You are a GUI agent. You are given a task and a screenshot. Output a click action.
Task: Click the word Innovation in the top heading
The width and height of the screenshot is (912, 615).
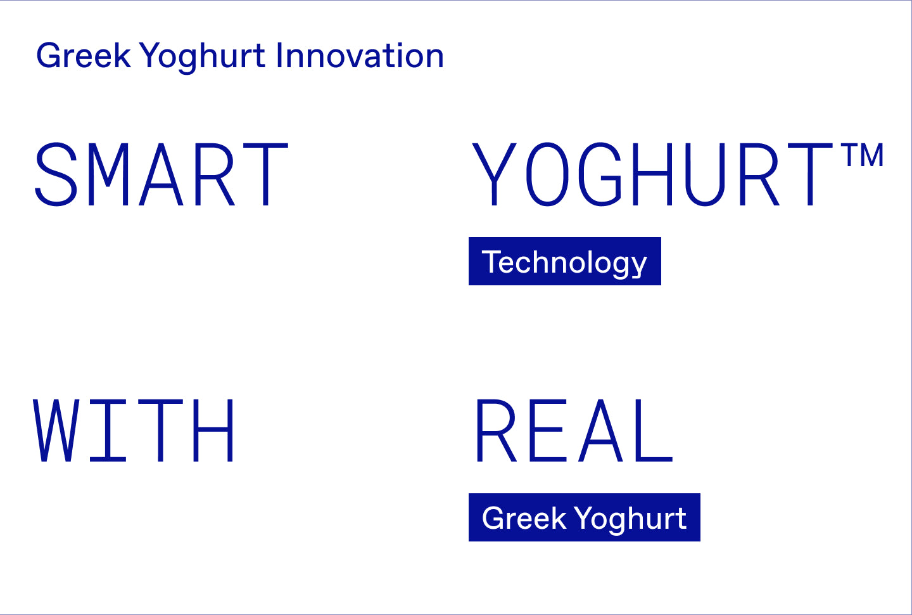(360, 55)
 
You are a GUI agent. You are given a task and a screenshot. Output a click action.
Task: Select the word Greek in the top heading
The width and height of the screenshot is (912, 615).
(84, 55)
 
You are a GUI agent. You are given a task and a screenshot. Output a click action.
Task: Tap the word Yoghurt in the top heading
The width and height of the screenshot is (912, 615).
(203, 58)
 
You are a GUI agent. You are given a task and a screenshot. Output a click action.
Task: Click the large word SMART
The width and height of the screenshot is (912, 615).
(161, 174)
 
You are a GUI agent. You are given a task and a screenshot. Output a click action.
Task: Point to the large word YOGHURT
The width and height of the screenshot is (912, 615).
(652, 174)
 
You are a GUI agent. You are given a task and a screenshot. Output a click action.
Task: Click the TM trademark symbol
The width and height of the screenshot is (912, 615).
(864, 155)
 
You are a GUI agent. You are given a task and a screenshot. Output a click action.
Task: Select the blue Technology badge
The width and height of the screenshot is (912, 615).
(565, 261)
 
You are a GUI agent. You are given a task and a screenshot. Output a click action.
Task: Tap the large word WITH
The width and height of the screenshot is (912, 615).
(134, 430)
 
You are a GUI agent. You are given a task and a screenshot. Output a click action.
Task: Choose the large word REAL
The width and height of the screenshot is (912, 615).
(574, 430)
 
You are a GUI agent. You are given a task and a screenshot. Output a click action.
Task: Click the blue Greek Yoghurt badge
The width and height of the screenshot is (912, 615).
(584, 517)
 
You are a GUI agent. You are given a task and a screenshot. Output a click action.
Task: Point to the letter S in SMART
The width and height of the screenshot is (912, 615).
(56, 174)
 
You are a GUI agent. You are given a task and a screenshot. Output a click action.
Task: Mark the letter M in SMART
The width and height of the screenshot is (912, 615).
(108, 174)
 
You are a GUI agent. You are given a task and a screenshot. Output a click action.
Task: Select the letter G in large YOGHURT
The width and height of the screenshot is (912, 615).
(600, 174)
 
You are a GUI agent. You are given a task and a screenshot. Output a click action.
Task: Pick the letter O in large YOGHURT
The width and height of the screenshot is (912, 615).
(547, 174)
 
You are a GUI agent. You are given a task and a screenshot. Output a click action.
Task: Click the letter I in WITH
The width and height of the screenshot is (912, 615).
(108, 430)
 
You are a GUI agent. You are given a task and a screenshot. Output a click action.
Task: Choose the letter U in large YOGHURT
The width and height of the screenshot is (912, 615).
(705, 174)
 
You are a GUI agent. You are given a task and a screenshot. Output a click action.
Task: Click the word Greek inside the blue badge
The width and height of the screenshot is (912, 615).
(524, 518)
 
